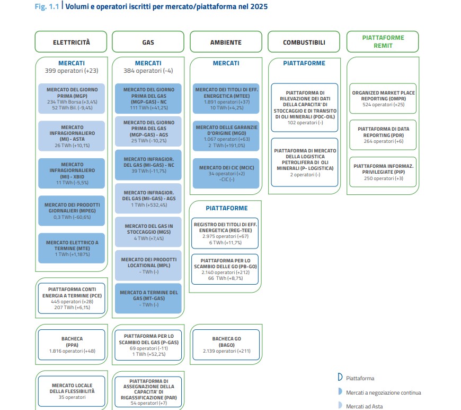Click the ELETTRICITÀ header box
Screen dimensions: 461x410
click(71, 42)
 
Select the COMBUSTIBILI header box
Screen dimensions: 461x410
click(304, 42)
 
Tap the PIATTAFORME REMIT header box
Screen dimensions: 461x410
click(383, 42)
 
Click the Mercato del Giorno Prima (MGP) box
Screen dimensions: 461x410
click(72, 98)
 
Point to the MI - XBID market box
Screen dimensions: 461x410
click(72, 173)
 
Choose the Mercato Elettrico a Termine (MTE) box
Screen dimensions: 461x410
click(72, 248)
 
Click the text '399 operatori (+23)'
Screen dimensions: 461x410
click(72, 71)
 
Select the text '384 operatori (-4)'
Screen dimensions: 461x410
click(148, 71)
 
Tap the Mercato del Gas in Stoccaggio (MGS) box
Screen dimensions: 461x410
click(148, 232)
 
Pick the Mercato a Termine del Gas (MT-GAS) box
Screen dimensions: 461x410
click(148, 298)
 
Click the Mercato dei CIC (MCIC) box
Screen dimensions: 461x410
click(226, 173)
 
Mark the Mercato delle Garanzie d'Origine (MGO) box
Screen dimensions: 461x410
click(226, 136)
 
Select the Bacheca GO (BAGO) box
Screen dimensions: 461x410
click(226, 345)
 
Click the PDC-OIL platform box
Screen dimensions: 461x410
click(305, 108)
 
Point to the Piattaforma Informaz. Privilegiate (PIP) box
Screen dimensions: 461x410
click(383, 172)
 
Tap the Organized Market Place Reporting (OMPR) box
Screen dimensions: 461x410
click(383, 98)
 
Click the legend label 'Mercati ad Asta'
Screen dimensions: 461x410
click(364, 406)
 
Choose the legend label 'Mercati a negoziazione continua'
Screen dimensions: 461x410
click(384, 392)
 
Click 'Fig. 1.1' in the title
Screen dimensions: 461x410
click(47, 6)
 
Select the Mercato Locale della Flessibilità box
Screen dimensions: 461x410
click(72, 391)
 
